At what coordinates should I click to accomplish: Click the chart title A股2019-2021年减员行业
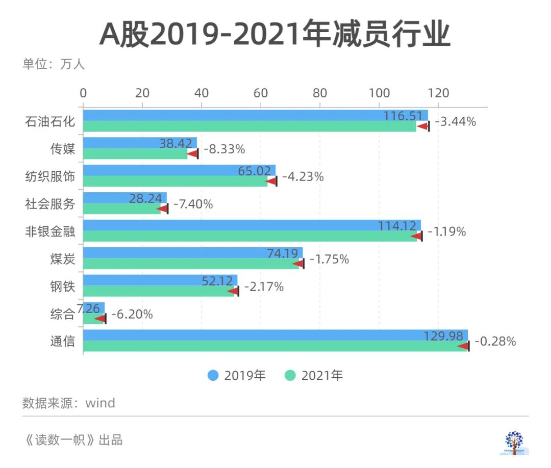tap(275, 35)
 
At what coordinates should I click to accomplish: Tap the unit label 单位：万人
tap(54, 65)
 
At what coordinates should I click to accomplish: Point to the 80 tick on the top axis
tap(320, 93)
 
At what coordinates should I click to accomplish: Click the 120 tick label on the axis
tap(438, 93)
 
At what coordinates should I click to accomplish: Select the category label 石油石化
tap(50, 122)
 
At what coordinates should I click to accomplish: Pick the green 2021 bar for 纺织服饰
tap(173, 181)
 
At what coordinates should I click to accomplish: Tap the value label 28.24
tap(148, 198)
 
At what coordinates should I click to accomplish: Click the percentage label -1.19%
tap(446, 232)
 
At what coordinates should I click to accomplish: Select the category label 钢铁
tap(62, 287)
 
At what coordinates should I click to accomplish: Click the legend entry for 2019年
tap(237, 376)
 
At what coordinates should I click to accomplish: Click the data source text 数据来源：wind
tap(69, 403)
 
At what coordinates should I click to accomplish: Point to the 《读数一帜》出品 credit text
tap(74, 440)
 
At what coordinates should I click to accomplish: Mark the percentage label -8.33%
tap(224, 149)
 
